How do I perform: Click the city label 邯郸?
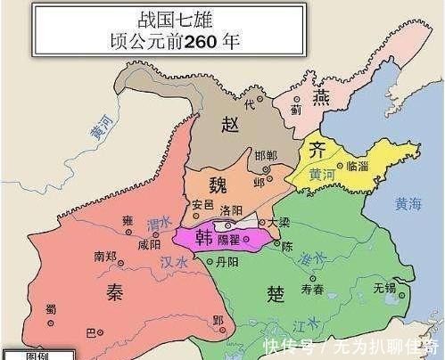pyautogui.click(x=265, y=154)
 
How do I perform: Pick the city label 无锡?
pyautogui.click(x=384, y=288)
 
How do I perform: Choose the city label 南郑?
pyautogui.click(x=106, y=256)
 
